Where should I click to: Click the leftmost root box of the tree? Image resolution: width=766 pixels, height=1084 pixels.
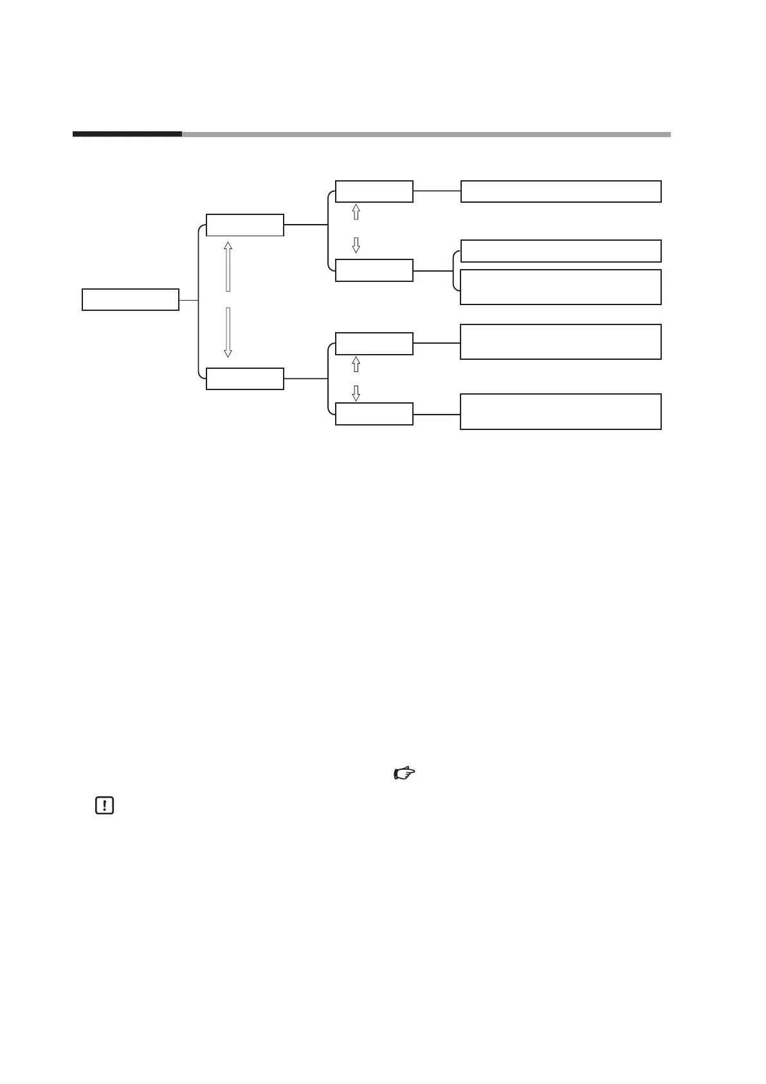(131, 300)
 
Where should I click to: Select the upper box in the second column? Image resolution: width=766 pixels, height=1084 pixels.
(244, 225)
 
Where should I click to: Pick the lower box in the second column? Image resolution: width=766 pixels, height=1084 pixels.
(244, 379)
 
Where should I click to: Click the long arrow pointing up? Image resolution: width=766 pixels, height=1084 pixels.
(228, 266)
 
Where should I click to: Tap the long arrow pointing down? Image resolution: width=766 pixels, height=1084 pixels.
(228, 332)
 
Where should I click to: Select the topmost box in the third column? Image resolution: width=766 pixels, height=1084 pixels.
(374, 191)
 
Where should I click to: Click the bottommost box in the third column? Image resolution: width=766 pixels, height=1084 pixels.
(374, 414)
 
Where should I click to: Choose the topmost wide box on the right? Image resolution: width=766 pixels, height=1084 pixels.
(561, 192)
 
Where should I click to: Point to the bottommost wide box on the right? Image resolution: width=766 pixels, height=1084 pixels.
(561, 411)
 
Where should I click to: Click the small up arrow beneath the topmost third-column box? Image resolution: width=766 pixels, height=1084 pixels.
(356, 212)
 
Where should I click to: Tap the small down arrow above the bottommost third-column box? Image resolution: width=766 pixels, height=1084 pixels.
(356, 393)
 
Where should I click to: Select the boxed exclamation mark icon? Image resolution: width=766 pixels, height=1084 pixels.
(104, 805)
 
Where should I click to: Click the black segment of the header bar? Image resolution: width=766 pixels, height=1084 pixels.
(127, 135)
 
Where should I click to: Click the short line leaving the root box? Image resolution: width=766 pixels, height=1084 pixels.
(188, 300)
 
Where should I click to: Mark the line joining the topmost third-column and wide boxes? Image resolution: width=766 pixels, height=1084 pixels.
(437, 191)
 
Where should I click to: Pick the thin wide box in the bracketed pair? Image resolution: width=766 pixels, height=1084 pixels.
(561, 251)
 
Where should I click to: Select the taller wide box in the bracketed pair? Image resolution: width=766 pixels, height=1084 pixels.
(561, 287)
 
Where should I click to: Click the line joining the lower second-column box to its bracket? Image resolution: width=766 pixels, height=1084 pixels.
(305, 378)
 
